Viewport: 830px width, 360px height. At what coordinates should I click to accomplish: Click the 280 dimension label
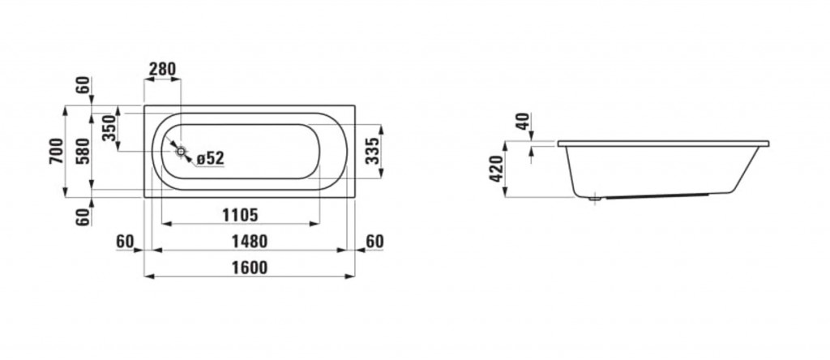(x=162, y=70)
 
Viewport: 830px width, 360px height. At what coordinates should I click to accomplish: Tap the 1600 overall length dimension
(x=250, y=268)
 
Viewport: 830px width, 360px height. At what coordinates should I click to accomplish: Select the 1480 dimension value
(x=250, y=242)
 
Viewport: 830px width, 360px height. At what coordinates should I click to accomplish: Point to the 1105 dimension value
(x=240, y=215)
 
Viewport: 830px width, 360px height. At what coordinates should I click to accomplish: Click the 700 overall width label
(x=57, y=151)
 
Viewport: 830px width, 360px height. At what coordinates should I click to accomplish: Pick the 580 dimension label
(x=83, y=151)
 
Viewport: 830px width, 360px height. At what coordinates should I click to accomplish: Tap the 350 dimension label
(x=109, y=127)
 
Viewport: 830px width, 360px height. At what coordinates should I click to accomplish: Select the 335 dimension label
(x=373, y=151)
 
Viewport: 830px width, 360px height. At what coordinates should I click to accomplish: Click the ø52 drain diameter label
(x=210, y=158)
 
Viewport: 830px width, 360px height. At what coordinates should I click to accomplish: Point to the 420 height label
(x=497, y=169)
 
